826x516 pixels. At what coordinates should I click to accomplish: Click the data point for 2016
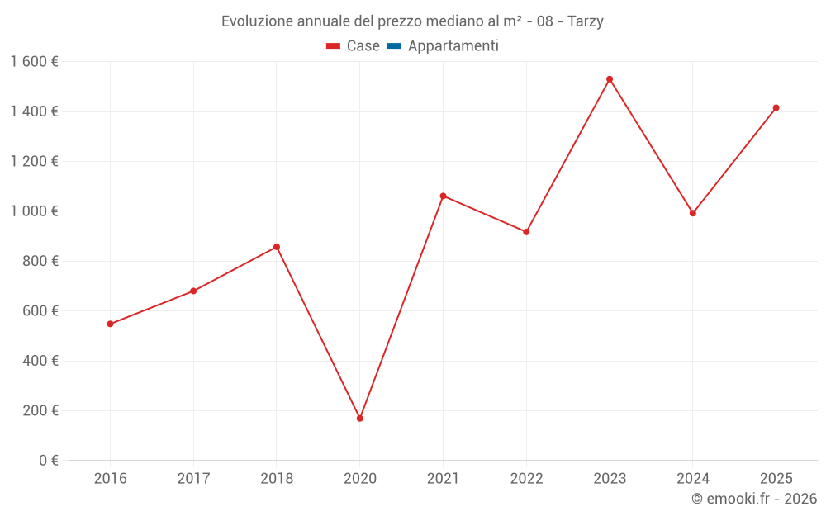[110, 324]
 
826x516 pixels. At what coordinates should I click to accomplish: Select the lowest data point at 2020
[360, 419]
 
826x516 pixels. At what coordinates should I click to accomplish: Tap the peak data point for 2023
[610, 79]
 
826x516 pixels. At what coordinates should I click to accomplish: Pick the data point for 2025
[776, 108]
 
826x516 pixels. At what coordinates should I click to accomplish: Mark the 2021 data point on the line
[443, 196]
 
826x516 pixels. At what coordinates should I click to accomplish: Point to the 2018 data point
[277, 247]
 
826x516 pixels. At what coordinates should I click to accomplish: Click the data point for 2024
[693, 213]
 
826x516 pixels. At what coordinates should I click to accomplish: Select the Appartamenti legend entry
[453, 46]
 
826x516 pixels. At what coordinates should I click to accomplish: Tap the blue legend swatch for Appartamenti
[394, 46]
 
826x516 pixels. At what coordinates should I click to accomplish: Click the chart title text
[412, 21]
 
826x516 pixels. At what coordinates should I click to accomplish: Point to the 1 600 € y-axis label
[34, 61]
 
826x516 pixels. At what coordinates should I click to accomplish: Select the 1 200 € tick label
[34, 161]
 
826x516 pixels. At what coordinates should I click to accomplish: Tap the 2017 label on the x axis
[193, 479]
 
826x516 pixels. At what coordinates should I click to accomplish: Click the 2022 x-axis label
[526, 479]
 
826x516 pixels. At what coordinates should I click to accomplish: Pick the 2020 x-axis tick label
[360, 479]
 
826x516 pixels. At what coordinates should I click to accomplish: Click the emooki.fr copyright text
[753, 499]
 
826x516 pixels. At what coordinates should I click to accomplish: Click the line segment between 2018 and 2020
[318, 333]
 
